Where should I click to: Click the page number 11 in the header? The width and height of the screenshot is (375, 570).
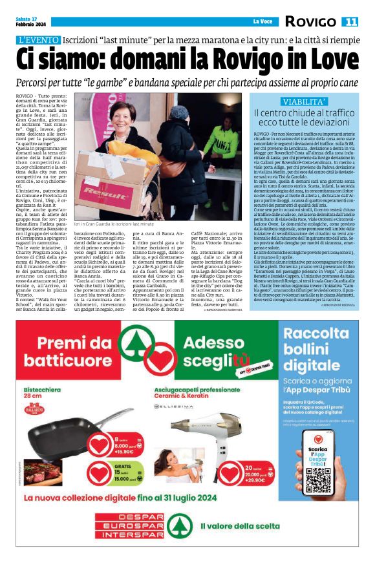(350, 22)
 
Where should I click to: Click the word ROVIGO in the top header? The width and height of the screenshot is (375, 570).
(311, 22)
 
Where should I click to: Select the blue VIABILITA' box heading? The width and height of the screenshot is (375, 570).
(305, 102)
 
